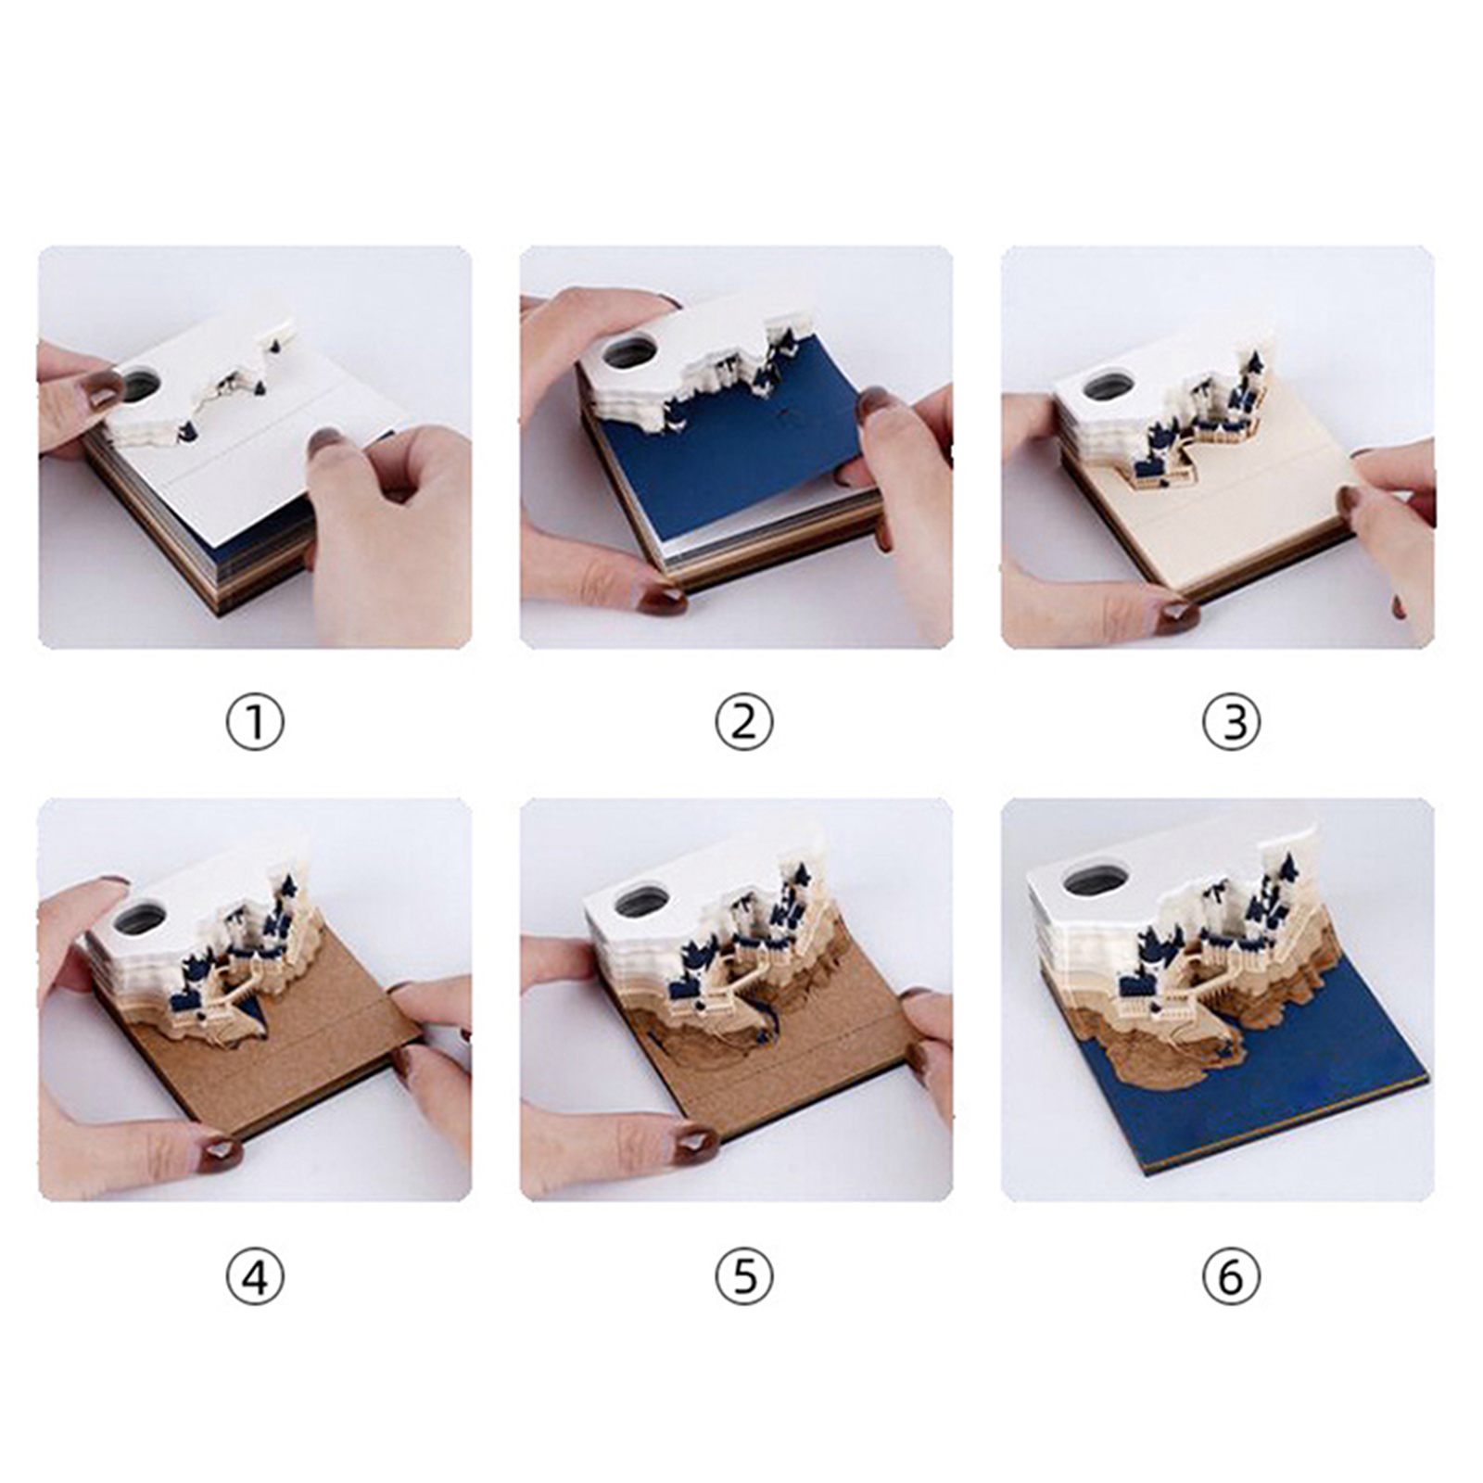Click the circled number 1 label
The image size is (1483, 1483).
255,724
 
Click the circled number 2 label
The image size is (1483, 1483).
743,724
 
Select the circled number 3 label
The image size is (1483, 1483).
1231,724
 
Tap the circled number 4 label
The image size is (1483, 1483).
255,1277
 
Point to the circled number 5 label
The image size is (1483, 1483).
743,1277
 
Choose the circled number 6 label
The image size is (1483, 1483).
1231,1277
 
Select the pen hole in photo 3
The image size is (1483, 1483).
1107,386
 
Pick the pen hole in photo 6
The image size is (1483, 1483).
1095,881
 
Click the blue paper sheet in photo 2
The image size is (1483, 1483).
741,445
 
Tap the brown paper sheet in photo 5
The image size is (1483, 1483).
797,1047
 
